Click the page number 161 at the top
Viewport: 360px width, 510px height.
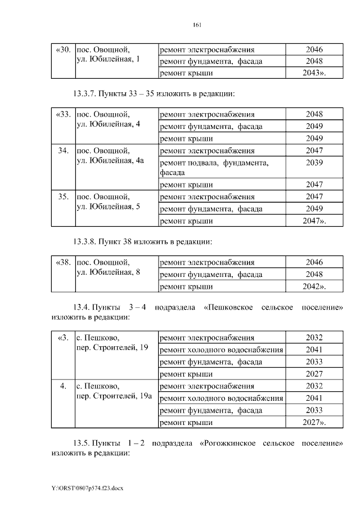[x=197, y=25]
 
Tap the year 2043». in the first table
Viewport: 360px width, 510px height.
[x=314, y=73]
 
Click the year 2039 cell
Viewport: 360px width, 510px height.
[x=314, y=163]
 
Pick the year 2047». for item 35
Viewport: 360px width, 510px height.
[x=314, y=221]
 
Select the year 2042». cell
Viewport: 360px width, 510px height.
[x=314, y=287]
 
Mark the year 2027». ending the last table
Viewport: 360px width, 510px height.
[x=314, y=422]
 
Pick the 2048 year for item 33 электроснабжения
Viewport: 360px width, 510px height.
[x=314, y=115]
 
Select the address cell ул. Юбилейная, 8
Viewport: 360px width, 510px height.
[x=107, y=272]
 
